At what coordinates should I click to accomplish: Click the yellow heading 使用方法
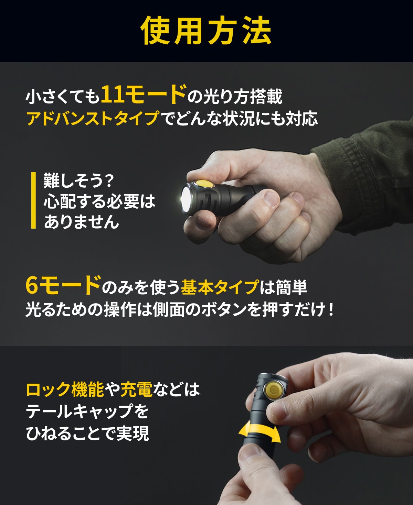point(206,31)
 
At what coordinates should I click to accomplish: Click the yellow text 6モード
point(63,285)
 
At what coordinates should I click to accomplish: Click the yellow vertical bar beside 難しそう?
point(34,200)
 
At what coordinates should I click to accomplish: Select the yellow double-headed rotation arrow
point(260,432)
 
